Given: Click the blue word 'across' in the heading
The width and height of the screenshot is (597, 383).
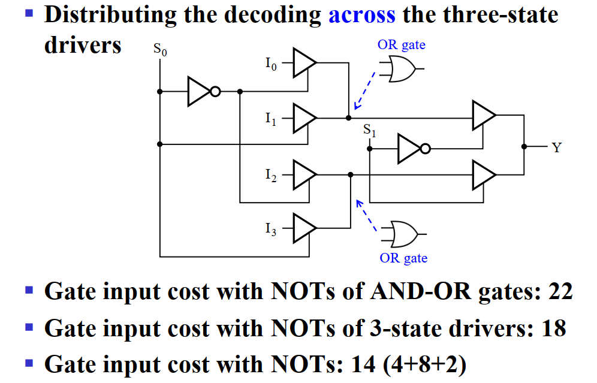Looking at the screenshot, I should point(361,14).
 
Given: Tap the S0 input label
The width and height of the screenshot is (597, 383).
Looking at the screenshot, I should point(160,49).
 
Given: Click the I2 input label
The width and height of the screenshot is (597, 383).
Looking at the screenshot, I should point(271,175).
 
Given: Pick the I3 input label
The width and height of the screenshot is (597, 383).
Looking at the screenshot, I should point(271,230).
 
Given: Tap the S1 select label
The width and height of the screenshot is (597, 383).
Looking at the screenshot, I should point(370,131).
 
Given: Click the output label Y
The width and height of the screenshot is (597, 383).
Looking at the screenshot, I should point(557,147).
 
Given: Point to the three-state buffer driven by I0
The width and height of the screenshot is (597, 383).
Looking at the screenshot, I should point(304,62).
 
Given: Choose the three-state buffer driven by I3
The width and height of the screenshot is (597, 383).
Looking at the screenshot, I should point(304,228).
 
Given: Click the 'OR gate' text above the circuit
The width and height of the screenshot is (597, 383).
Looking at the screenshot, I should point(401,45).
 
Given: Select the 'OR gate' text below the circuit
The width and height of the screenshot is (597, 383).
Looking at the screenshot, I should point(403,258).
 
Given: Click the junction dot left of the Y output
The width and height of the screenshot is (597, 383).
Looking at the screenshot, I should point(524,146).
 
